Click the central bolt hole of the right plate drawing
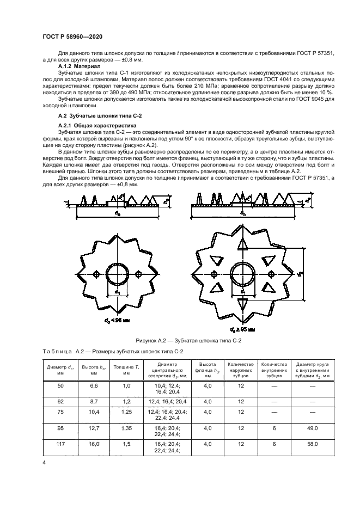pyautogui.click(x=242, y=273)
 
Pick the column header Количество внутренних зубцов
pyautogui.click(x=274, y=370)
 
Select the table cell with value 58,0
pyautogui.click(x=312, y=444)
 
